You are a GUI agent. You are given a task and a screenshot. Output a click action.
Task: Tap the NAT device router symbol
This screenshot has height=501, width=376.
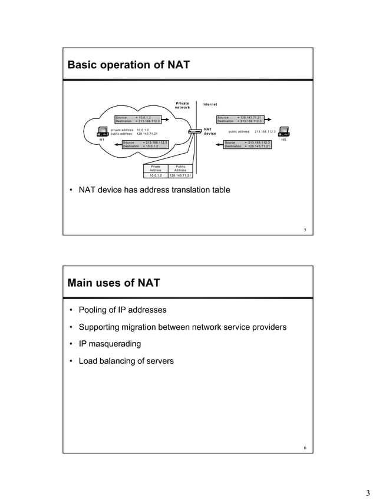click(x=194, y=131)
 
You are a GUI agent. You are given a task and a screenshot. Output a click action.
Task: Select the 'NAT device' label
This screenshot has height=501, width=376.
click(x=210, y=131)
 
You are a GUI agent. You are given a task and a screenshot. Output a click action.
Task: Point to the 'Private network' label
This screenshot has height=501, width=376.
click(x=182, y=105)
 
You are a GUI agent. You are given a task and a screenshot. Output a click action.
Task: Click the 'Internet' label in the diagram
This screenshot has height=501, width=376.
click(x=210, y=104)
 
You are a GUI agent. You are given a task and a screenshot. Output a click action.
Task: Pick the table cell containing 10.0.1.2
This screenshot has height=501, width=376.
click(x=156, y=175)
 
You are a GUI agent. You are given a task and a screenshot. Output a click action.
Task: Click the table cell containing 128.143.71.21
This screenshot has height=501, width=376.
click(x=180, y=175)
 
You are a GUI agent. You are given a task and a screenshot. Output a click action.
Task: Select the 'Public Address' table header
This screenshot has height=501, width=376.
click(x=180, y=168)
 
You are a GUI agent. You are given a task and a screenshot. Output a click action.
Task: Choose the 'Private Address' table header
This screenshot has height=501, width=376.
click(x=156, y=168)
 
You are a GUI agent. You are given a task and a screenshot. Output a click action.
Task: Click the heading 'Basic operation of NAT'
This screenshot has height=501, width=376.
click(x=128, y=65)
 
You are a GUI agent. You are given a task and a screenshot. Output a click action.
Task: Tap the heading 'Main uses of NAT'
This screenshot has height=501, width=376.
click(x=114, y=283)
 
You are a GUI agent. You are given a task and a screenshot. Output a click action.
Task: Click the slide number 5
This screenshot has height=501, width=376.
click(x=305, y=230)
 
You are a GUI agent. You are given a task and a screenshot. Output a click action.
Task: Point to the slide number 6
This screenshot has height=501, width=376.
click(x=305, y=448)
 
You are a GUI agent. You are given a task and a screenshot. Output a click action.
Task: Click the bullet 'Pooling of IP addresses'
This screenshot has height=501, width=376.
click(x=123, y=310)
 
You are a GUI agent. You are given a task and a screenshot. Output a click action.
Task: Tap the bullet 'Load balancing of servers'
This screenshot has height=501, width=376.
click(x=126, y=361)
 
